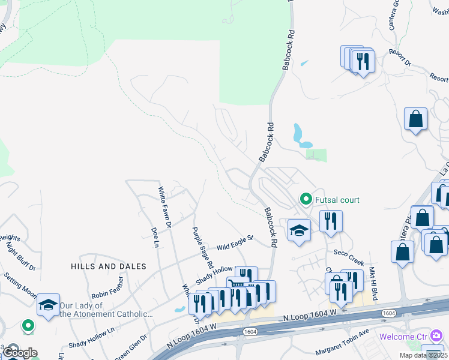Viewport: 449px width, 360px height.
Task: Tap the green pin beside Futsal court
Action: tap(306, 199)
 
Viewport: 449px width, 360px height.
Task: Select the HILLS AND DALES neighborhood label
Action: tap(109, 266)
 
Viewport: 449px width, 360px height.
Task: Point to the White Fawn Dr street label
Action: tap(164, 208)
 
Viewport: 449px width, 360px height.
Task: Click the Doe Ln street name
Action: tap(154, 236)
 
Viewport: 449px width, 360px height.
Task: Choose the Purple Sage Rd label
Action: tap(202, 247)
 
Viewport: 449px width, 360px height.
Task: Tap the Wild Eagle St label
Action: tap(235, 243)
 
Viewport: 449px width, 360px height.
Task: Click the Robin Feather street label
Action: tap(108, 288)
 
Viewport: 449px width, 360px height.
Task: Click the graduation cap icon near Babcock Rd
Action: tap(298, 230)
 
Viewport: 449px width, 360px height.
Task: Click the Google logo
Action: tap(19, 353)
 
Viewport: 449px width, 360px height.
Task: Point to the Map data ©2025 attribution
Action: tap(423, 355)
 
